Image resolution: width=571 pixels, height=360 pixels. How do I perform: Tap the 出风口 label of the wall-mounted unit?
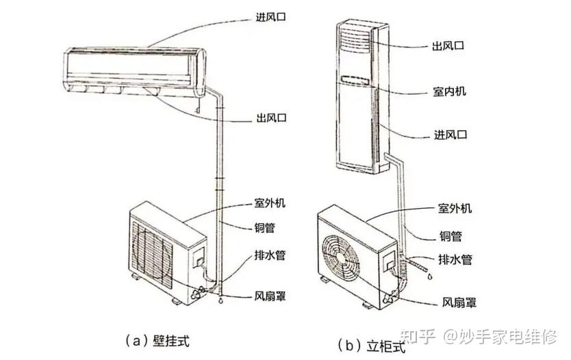pos(268,118)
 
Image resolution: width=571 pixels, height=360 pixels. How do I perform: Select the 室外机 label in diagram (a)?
pos(268,205)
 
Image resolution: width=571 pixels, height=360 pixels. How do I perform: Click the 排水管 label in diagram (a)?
pos(268,255)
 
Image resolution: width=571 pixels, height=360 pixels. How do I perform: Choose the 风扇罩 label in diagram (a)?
pos(268,297)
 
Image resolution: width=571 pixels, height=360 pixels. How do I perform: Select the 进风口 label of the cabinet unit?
pos(449,134)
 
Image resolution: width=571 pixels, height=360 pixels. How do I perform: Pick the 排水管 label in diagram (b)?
pos(455,259)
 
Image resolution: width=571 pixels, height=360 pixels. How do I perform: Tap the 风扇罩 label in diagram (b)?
pos(459,301)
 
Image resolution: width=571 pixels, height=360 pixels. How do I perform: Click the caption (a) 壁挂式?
pos(157,339)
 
